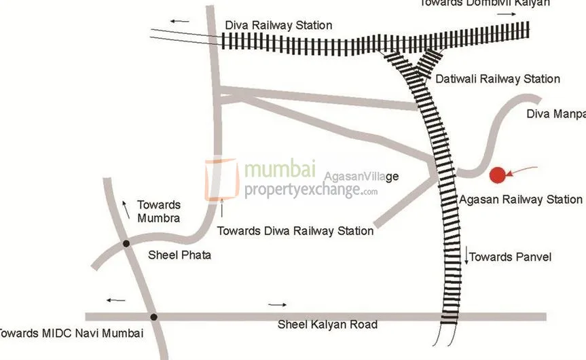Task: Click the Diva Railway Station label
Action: (278, 26)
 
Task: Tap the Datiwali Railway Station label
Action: (498, 79)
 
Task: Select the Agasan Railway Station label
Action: (521, 200)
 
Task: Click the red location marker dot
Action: (498, 175)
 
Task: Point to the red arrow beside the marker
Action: (523, 171)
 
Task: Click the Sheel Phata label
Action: (179, 255)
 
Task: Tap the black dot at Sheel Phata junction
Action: (126, 243)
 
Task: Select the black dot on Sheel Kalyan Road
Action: (154, 317)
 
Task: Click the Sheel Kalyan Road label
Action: (327, 325)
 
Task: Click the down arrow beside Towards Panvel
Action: (468, 257)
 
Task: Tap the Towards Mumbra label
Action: (158, 211)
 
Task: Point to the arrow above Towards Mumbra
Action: (126, 209)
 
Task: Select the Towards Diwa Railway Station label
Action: (295, 231)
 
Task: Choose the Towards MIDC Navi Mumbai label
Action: (70, 334)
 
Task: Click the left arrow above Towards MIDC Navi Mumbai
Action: (115, 300)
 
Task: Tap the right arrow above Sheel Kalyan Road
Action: (278, 305)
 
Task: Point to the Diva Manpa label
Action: (555, 114)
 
